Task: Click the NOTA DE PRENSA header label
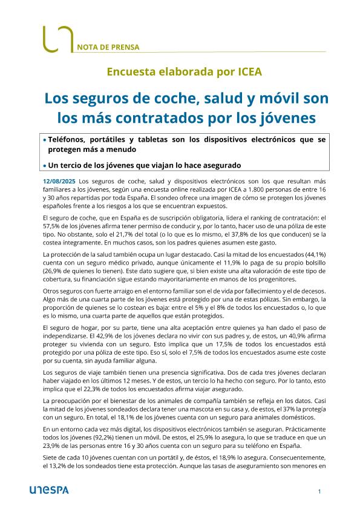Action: tap(109, 46)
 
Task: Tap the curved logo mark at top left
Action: tap(57, 39)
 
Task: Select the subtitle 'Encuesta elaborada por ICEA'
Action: tap(180, 71)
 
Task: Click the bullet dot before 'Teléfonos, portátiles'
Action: tap(44, 140)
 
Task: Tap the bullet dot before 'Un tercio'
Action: tap(44, 165)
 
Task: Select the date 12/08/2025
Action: tap(59, 181)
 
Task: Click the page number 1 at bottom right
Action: tap(319, 491)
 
